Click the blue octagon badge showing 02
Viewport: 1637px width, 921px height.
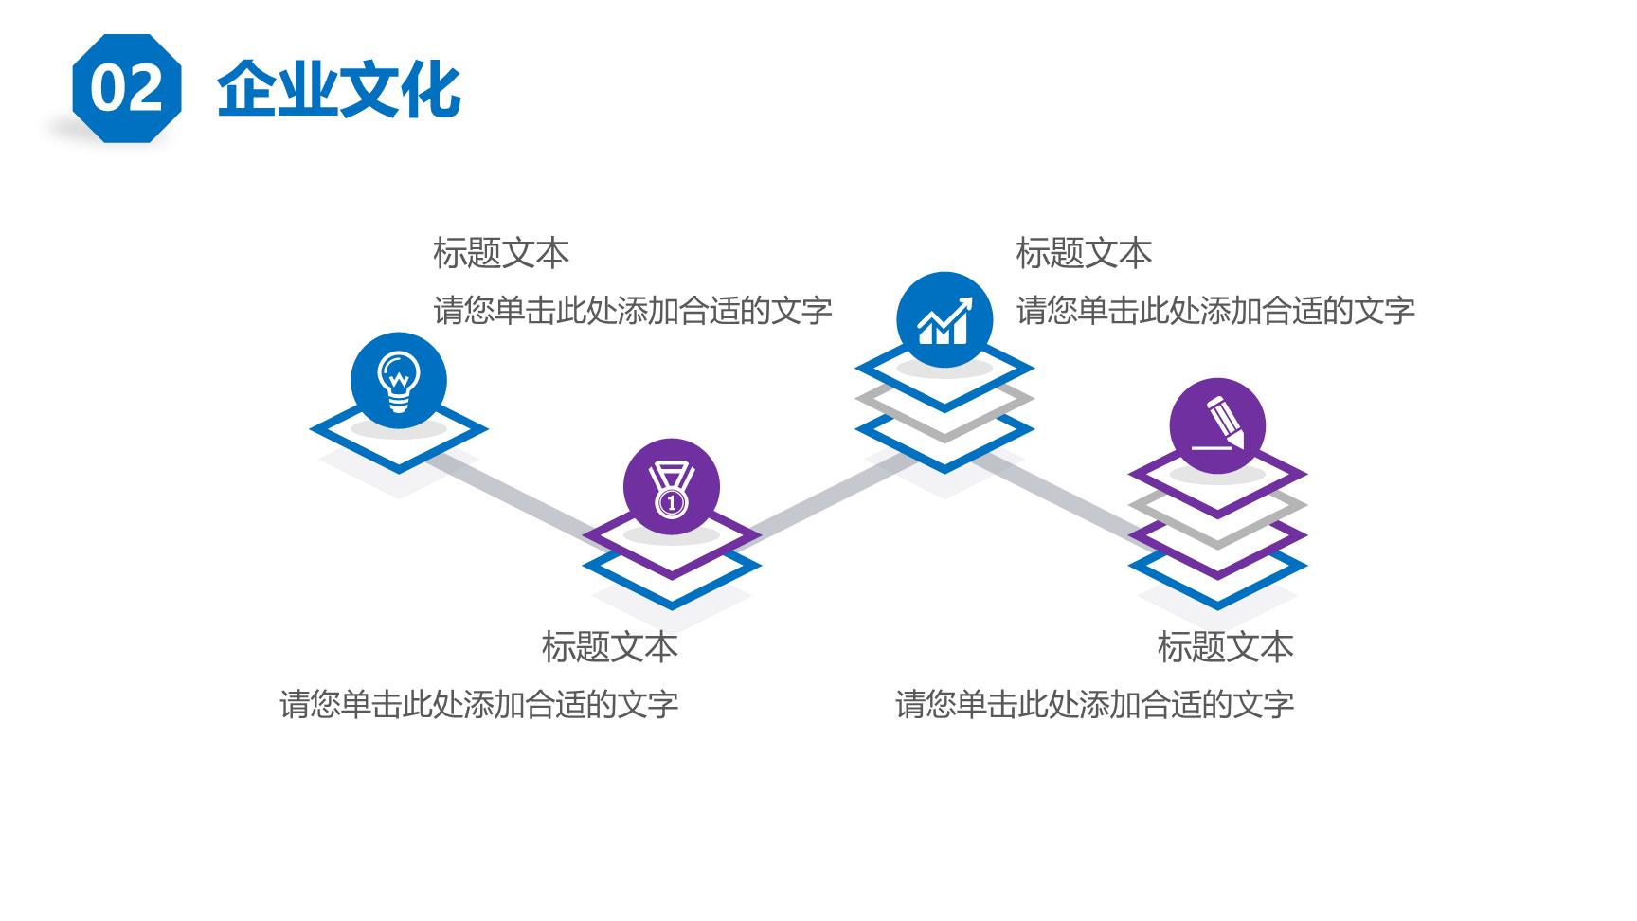(126, 88)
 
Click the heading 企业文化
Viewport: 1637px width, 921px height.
(339, 90)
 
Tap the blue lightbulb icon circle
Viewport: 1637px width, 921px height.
(398, 380)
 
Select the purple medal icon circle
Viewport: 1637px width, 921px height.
(672, 487)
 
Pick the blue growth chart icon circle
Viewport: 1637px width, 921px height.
(944, 320)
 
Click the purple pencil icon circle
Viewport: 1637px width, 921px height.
(1217, 426)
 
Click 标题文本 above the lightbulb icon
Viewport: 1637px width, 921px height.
(501, 253)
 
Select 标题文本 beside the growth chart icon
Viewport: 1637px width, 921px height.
(1084, 253)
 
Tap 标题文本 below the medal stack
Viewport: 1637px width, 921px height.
(610, 647)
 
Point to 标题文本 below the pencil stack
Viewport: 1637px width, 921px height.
(1225, 647)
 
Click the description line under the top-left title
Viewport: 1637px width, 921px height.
(633, 310)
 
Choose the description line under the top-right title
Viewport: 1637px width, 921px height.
(1215, 310)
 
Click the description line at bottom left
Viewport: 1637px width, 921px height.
(478, 704)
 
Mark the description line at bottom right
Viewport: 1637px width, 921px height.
(1094, 704)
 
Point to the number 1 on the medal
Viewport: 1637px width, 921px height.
(672, 502)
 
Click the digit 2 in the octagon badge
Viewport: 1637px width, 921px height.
(144, 89)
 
